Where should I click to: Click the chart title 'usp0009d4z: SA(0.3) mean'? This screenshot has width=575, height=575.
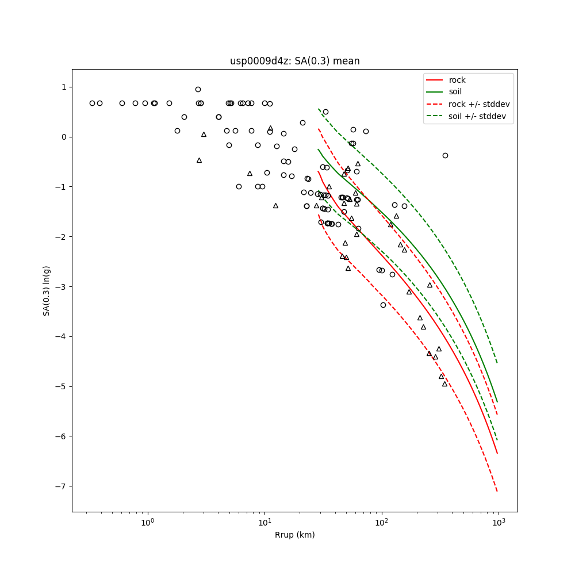(294, 61)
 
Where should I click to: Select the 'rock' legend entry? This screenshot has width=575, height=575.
(457, 80)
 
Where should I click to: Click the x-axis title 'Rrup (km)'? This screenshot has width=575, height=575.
(294, 535)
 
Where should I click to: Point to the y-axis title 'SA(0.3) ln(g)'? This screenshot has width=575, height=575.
(47, 290)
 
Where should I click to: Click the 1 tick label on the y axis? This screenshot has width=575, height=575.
(64, 87)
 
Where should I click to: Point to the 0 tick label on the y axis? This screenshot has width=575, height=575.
(64, 137)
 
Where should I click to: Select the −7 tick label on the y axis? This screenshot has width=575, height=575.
(62, 486)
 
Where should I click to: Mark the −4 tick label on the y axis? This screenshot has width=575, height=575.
(62, 336)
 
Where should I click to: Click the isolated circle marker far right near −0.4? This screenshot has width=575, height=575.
(445, 155)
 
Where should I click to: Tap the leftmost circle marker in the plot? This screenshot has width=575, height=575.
(92, 103)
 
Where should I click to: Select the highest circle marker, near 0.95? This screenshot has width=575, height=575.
(198, 89)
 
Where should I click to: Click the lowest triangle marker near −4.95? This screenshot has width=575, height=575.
(444, 384)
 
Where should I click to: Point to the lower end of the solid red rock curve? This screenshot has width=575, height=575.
(497, 453)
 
